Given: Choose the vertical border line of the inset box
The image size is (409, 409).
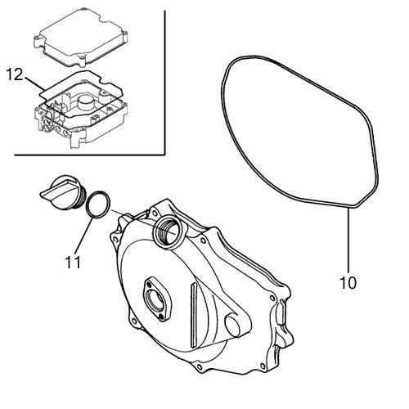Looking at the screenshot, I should pyautogui.click(x=165, y=82).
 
